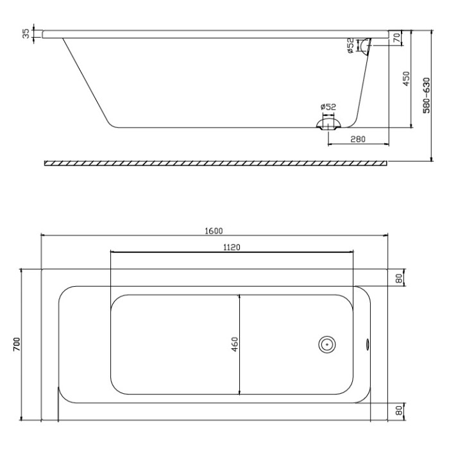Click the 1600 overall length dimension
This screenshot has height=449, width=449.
tap(214, 230)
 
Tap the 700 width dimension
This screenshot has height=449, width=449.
tap(17, 344)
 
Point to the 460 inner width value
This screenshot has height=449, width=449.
tap(235, 344)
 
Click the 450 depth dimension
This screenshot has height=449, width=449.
tap(405, 78)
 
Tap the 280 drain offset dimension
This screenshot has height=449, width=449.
tap(358, 139)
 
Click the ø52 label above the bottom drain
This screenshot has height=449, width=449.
tap(328, 106)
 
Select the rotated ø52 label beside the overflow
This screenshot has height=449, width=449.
tap(350, 46)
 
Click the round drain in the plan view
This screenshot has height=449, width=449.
tap(327, 344)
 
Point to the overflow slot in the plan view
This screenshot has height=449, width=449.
tap(368, 344)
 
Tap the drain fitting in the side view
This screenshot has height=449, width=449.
tap(328, 123)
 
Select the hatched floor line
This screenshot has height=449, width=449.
tap(216, 163)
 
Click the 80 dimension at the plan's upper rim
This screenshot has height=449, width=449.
tap(398, 278)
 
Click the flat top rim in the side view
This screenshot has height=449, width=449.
tap(212, 34)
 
